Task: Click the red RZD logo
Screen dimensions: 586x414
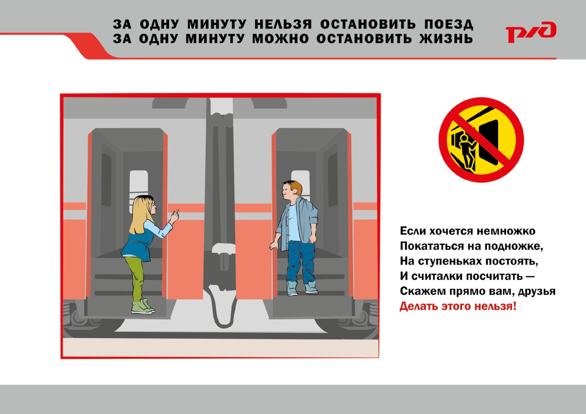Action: (531, 32)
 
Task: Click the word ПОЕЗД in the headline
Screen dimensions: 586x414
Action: (449, 24)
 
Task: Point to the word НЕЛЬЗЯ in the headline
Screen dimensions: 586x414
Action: (283, 24)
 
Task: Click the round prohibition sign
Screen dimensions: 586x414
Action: (481, 140)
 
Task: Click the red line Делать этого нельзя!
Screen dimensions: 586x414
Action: (458, 306)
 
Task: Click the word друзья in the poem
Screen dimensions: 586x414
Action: (537, 292)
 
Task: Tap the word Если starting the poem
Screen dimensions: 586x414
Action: (413, 231)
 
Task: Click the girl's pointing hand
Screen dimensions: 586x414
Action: (174, 217)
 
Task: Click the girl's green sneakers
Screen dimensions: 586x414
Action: (143, 306)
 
